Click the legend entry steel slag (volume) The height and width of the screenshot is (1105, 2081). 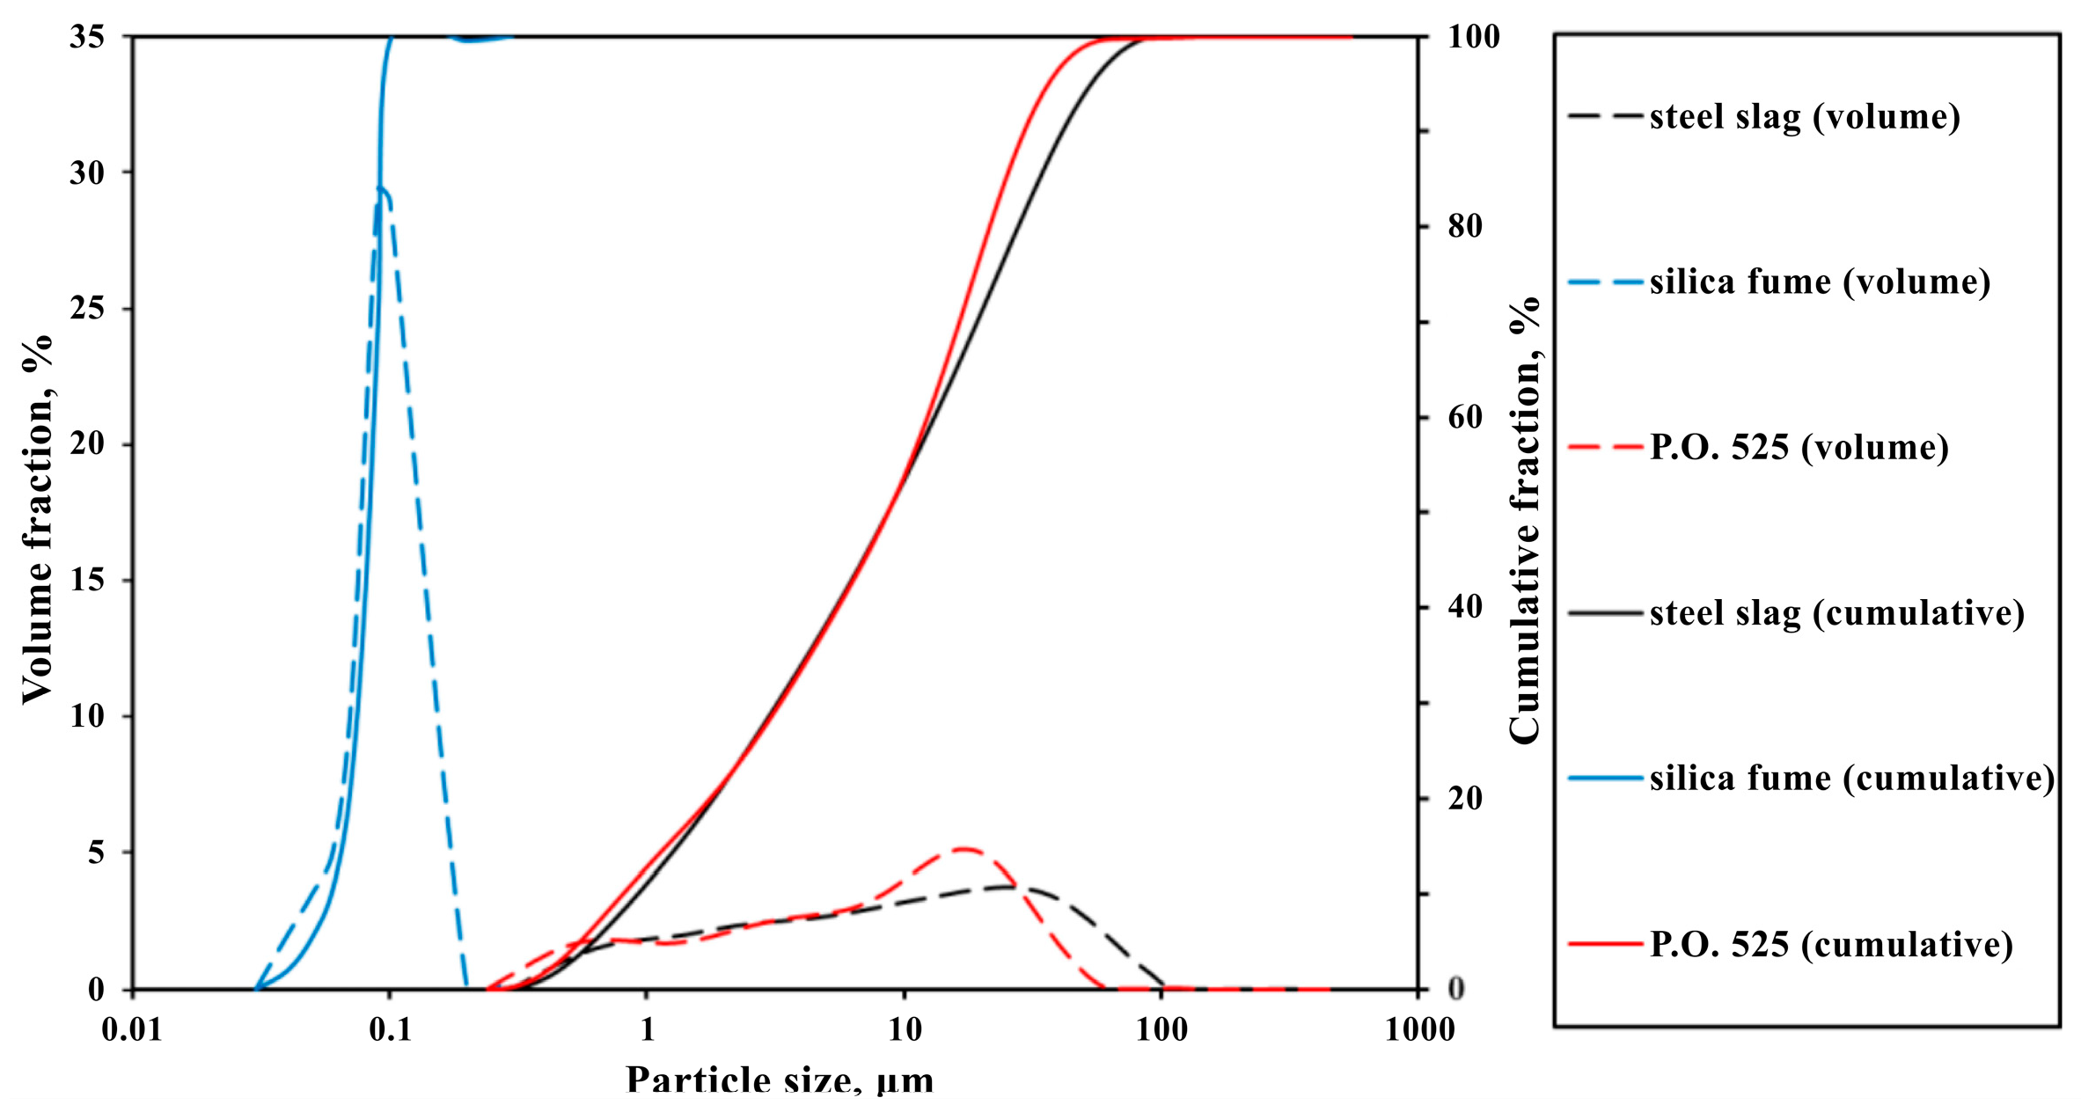pos(1804,117)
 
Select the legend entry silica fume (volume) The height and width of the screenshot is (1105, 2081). pos(1819,282)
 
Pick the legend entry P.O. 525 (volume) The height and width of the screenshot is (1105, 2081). pos(1799,448)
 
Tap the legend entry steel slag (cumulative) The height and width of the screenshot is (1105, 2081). pos(1836,613)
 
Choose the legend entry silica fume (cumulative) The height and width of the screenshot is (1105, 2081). pos(1851,779)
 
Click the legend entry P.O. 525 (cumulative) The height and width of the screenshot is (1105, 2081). pos(1830,945)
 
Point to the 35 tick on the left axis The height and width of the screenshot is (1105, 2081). pos(86,37)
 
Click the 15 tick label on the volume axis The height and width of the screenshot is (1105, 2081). pos(86,581)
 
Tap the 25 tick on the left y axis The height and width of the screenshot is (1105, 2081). pos(86,309)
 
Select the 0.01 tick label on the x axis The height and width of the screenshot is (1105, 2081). pos(132,1029)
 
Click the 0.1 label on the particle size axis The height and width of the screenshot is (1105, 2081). pos(390,1029)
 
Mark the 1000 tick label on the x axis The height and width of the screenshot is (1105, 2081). pos(1419,1029)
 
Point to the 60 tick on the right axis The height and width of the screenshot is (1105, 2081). pos(1464,417)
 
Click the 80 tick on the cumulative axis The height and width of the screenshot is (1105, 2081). pos(1464,227)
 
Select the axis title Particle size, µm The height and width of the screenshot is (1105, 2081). pos(780,1080)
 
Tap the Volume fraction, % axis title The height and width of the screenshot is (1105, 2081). pos(37,519)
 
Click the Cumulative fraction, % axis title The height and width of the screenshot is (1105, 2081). pos(1525,519)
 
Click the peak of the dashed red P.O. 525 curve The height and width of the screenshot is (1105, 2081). pos(964,849)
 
